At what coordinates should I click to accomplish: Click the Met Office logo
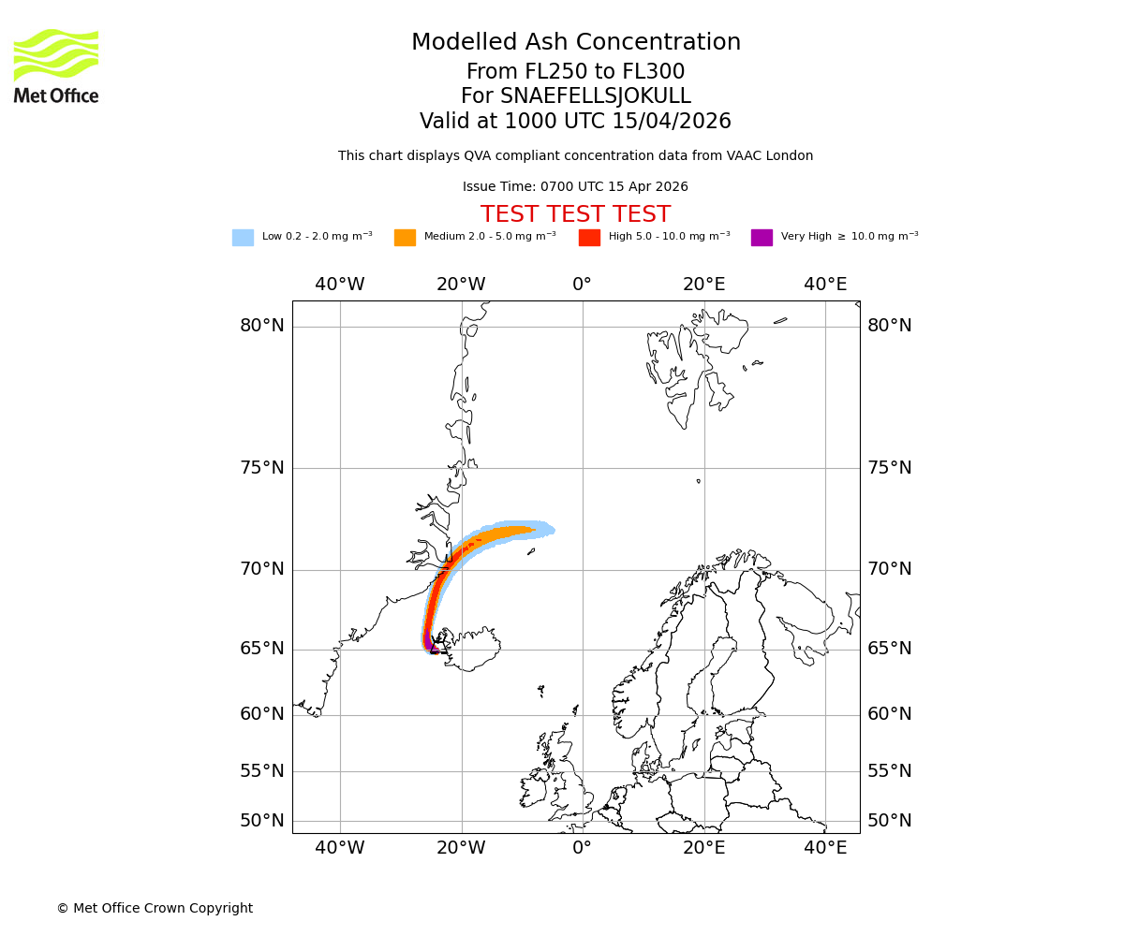[56, 66]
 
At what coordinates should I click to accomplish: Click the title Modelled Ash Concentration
[575, 43]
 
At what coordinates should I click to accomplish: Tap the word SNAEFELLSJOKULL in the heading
[596, 96]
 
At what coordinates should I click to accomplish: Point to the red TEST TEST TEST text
[575, 214]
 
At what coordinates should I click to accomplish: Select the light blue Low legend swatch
[243, 238]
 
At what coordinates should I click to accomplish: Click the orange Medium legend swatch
[405, 238]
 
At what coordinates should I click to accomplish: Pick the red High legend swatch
[589, 238]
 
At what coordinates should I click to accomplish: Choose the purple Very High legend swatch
[762, 238]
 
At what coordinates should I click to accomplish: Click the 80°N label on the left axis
[262, 326]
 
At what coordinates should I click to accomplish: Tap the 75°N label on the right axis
[889, 468]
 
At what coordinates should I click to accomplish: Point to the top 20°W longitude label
[461, 285]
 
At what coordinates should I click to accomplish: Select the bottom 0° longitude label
[582, 848]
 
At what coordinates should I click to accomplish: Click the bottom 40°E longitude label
[825, 848]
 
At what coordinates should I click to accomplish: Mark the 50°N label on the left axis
[262, 821]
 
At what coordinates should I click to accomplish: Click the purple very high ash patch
[428, 641]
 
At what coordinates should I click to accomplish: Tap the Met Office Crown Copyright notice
[155, 908]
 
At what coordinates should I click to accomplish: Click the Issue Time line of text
[575, 187]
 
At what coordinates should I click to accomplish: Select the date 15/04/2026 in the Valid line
[672, 122]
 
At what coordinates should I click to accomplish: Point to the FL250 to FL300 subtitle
[575, 72]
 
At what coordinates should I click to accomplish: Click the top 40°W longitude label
[339, 285]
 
